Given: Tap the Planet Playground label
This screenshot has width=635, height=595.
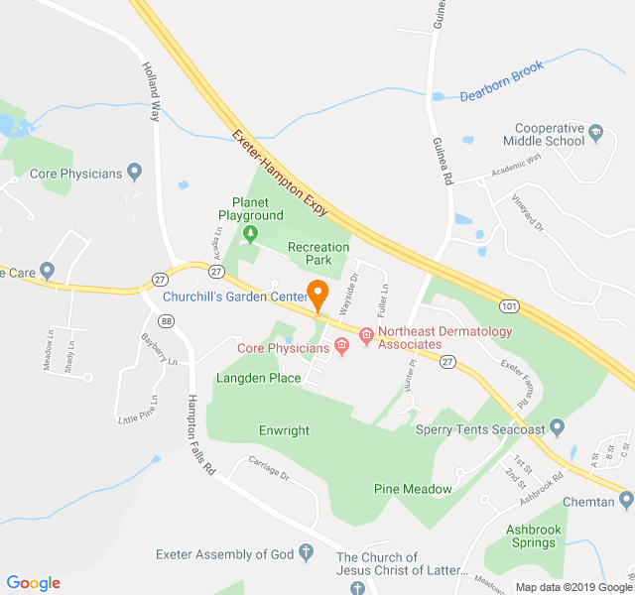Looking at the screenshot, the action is tap(251, 208).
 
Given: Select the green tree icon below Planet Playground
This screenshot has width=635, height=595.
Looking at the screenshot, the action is tap(250, 234).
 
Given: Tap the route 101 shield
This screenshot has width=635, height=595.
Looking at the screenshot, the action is tap(508, 307).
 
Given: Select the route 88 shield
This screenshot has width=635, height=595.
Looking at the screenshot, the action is tap(166, 321).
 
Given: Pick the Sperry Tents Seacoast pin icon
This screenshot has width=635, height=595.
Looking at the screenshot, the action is tap(557, 428).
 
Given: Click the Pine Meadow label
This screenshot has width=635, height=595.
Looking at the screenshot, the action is tap(413, 489).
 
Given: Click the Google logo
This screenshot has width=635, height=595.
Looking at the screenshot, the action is tap(34, 583).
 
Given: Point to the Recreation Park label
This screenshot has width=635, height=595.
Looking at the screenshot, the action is tap(317, 253).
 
